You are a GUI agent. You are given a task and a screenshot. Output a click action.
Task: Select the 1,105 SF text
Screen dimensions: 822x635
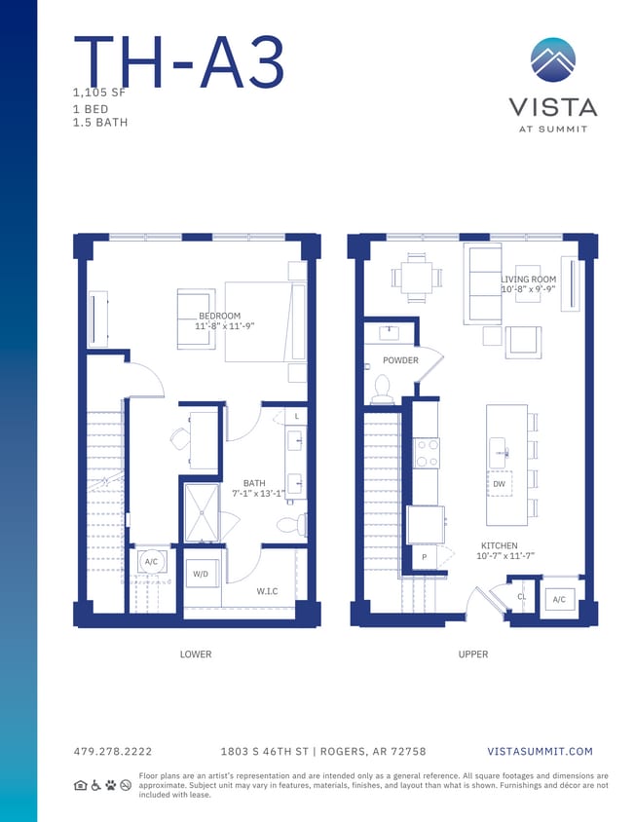click(x=100, y=93)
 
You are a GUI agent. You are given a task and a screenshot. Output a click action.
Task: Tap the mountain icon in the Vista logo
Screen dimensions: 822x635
click(x=552, y=60)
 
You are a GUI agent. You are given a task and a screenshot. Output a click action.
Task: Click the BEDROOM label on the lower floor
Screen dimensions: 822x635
click(x=219, y=317)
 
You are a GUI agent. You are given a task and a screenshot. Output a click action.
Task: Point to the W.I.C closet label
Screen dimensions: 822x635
click(x=268, y=590)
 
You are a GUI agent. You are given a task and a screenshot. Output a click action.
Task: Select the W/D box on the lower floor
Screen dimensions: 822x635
click(x=201, y=575)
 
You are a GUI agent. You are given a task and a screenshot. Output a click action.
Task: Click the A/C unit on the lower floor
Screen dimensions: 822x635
click(x=151, y=562)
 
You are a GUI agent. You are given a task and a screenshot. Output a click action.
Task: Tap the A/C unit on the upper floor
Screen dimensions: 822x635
click(x=559, y=600)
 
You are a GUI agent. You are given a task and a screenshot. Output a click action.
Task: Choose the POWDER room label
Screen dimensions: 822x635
click(x=400, y=360)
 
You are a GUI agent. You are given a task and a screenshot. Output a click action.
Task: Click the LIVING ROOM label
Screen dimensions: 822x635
click(x=529, y=280)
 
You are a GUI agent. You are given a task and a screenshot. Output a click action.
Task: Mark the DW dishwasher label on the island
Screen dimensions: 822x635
click(x=499, y=483)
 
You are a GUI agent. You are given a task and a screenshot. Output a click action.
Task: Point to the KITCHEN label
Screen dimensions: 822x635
click(x=499, y=546)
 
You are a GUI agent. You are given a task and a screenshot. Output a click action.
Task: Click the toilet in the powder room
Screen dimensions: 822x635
click(x=382, y=390)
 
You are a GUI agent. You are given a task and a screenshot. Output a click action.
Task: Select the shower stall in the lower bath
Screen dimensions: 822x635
click(x=203, y=512)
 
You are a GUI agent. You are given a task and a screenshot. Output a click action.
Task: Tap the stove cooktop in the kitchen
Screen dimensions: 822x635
click(x=427, y=452)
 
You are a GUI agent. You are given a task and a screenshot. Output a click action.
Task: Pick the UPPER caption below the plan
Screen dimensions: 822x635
click(x=473, y=654)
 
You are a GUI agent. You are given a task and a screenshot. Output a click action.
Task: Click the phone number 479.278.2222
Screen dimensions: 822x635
click(x=112, y=752)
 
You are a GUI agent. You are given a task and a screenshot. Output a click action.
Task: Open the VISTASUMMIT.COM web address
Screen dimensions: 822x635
click(x=539, y=752)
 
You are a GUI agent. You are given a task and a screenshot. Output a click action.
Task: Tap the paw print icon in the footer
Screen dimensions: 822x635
click(x=110, y=785)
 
